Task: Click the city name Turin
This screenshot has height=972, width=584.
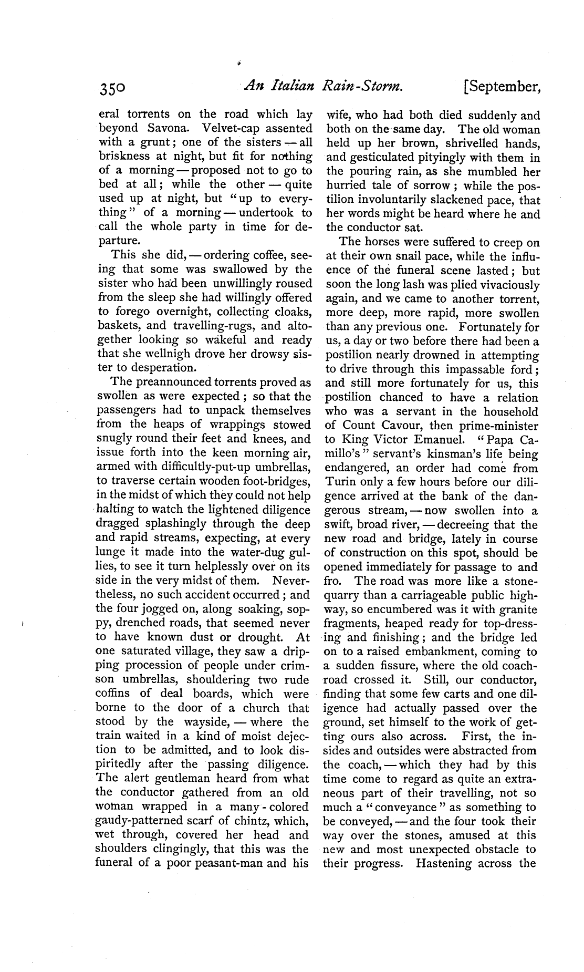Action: pos(341,482)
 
